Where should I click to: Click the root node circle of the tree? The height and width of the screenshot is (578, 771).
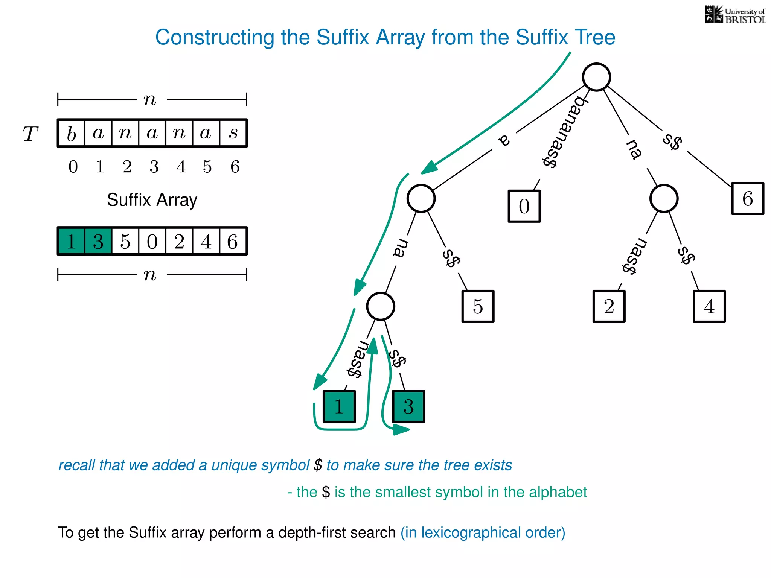pyautogui.click(x=596, y=77)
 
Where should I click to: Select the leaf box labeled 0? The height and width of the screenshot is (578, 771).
pyautogui.click(x=524, y=206)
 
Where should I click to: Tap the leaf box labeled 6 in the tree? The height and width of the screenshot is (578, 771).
pyautogui.click(x=747, y=198)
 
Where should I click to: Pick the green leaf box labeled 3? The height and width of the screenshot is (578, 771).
pyautogui.click(x=408, y=406)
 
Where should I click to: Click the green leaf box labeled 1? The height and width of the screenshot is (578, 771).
pyautogui.click(x=339, y=406)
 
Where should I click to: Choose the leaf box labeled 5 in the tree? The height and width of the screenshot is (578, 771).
pyautogui.click(x=478, y=306)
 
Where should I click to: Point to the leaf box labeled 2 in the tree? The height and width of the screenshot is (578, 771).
pyautogui.click(x=609, y=306)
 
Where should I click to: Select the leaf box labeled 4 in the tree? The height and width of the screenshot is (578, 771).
pyautogui.click(x=709, y=306)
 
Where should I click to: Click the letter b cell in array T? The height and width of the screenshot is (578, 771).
pyautogui.click(x=72, y=133)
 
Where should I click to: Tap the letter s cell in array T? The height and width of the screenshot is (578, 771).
pyautogui.click(x=233, y=133)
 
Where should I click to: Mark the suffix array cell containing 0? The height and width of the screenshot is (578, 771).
pyautogui.click(x=152, y=241)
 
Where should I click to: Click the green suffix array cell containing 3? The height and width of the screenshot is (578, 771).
pyautogui.click(x=98, y=241)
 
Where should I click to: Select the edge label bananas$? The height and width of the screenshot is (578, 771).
pyautogui.click(x=564, y=132)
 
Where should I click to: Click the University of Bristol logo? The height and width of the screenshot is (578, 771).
pyautogui.click(x=735, y=15)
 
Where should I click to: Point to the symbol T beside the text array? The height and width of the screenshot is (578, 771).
pyautogui.click(x=30, y=134)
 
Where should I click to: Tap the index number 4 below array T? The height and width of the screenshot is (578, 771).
pyautogui.click(x=181, y=167)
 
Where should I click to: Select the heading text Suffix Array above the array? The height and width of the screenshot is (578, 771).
pyautogui.click(x=152, y=200)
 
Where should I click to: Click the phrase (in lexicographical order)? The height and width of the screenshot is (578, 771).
pyautogui.click(x=483, y=533)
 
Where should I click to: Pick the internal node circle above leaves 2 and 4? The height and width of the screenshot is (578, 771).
pyautogui.click(x=664, y=198)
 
